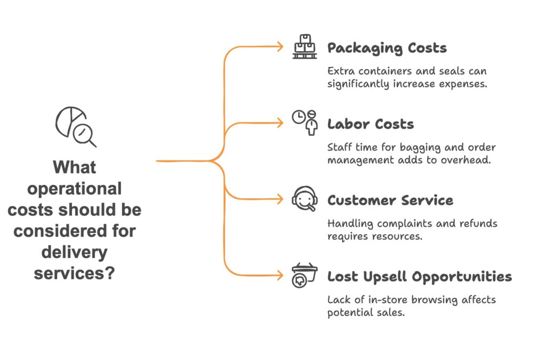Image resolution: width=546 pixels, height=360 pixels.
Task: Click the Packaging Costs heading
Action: click(x=387, y=48)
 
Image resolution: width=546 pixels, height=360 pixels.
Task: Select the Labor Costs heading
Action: click(x=370, y=124)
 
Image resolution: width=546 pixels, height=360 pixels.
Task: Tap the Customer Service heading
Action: click(x=390, y=201)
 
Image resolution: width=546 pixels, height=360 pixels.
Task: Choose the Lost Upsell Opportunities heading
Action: click(x=419, y=276)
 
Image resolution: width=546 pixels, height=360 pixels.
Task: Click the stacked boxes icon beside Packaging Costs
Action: click(x=304, y=47)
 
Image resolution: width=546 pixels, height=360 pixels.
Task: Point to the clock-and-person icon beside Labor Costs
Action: click(x=304, y=123)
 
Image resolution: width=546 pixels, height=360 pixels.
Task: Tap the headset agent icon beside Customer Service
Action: click(x=304, y=199)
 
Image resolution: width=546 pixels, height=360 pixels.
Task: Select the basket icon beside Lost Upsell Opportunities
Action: click(x=304, y=275)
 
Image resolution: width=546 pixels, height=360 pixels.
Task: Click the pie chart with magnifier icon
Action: click(x=75, y=127)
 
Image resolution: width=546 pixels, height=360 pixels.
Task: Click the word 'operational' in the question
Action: click(x=75, y=189)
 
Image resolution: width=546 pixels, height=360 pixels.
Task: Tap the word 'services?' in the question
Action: click(x=75, y=273)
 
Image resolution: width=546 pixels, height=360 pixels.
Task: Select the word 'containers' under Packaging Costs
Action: click(x=375, y=71)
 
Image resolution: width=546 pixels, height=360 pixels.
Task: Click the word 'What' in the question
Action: click(x=75, y=167)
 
